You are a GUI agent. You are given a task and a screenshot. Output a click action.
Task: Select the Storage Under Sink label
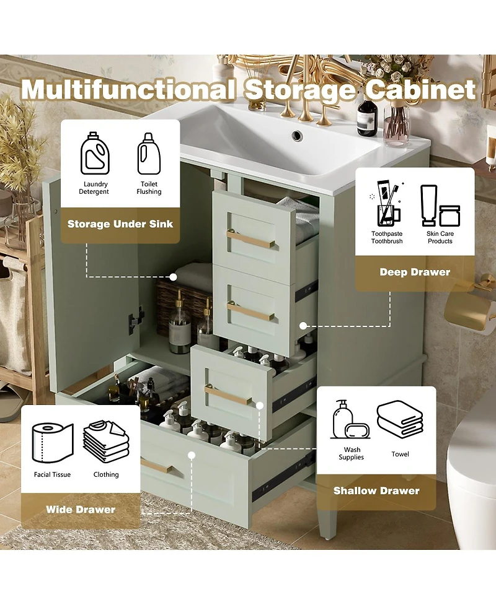120,224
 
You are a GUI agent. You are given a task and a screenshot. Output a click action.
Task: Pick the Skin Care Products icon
440,206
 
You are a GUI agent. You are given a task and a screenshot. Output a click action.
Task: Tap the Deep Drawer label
415,272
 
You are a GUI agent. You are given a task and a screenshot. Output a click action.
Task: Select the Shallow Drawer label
376,490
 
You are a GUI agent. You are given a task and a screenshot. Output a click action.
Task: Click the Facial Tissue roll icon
52,440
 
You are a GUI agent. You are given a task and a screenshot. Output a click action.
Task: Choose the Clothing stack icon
106,440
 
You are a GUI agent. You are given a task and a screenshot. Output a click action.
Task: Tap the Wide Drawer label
81,510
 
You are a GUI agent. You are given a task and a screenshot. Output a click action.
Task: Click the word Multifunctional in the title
127,89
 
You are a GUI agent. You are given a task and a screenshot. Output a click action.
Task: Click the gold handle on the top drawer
250,239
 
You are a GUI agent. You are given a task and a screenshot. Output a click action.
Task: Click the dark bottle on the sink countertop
367,118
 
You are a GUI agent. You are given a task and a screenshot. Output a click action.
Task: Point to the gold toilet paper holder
467,309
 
